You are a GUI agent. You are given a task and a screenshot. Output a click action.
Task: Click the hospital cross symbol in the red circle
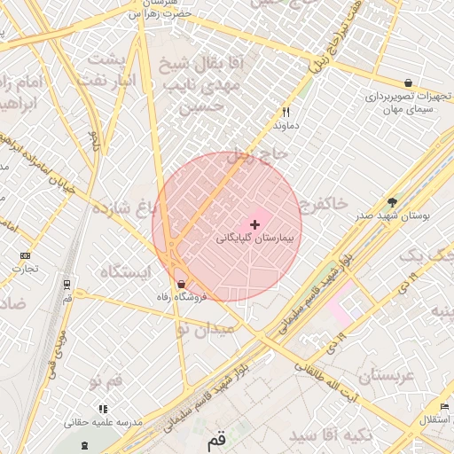(x=255, y=224)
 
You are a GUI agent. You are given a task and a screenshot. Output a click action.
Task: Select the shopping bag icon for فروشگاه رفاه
(x=182, y=284)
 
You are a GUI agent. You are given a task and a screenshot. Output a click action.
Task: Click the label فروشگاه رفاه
(x=182, y=297)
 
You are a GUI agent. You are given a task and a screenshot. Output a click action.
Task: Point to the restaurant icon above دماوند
(x=286, y=113)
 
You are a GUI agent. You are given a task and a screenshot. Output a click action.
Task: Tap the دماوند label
(x=286, y=126)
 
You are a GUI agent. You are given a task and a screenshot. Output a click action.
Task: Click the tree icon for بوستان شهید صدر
(x=392, y=202)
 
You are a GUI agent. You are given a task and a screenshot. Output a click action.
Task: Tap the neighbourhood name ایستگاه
(x=124, y=271)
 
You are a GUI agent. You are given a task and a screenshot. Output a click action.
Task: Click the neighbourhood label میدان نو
(x=206, y=328)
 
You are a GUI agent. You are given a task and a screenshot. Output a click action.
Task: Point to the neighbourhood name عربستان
(x=387, y=376)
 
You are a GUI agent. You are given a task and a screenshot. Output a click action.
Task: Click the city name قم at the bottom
(x=216, y=439)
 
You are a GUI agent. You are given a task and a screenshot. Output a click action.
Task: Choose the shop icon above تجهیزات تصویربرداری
(x=407, y=82)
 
